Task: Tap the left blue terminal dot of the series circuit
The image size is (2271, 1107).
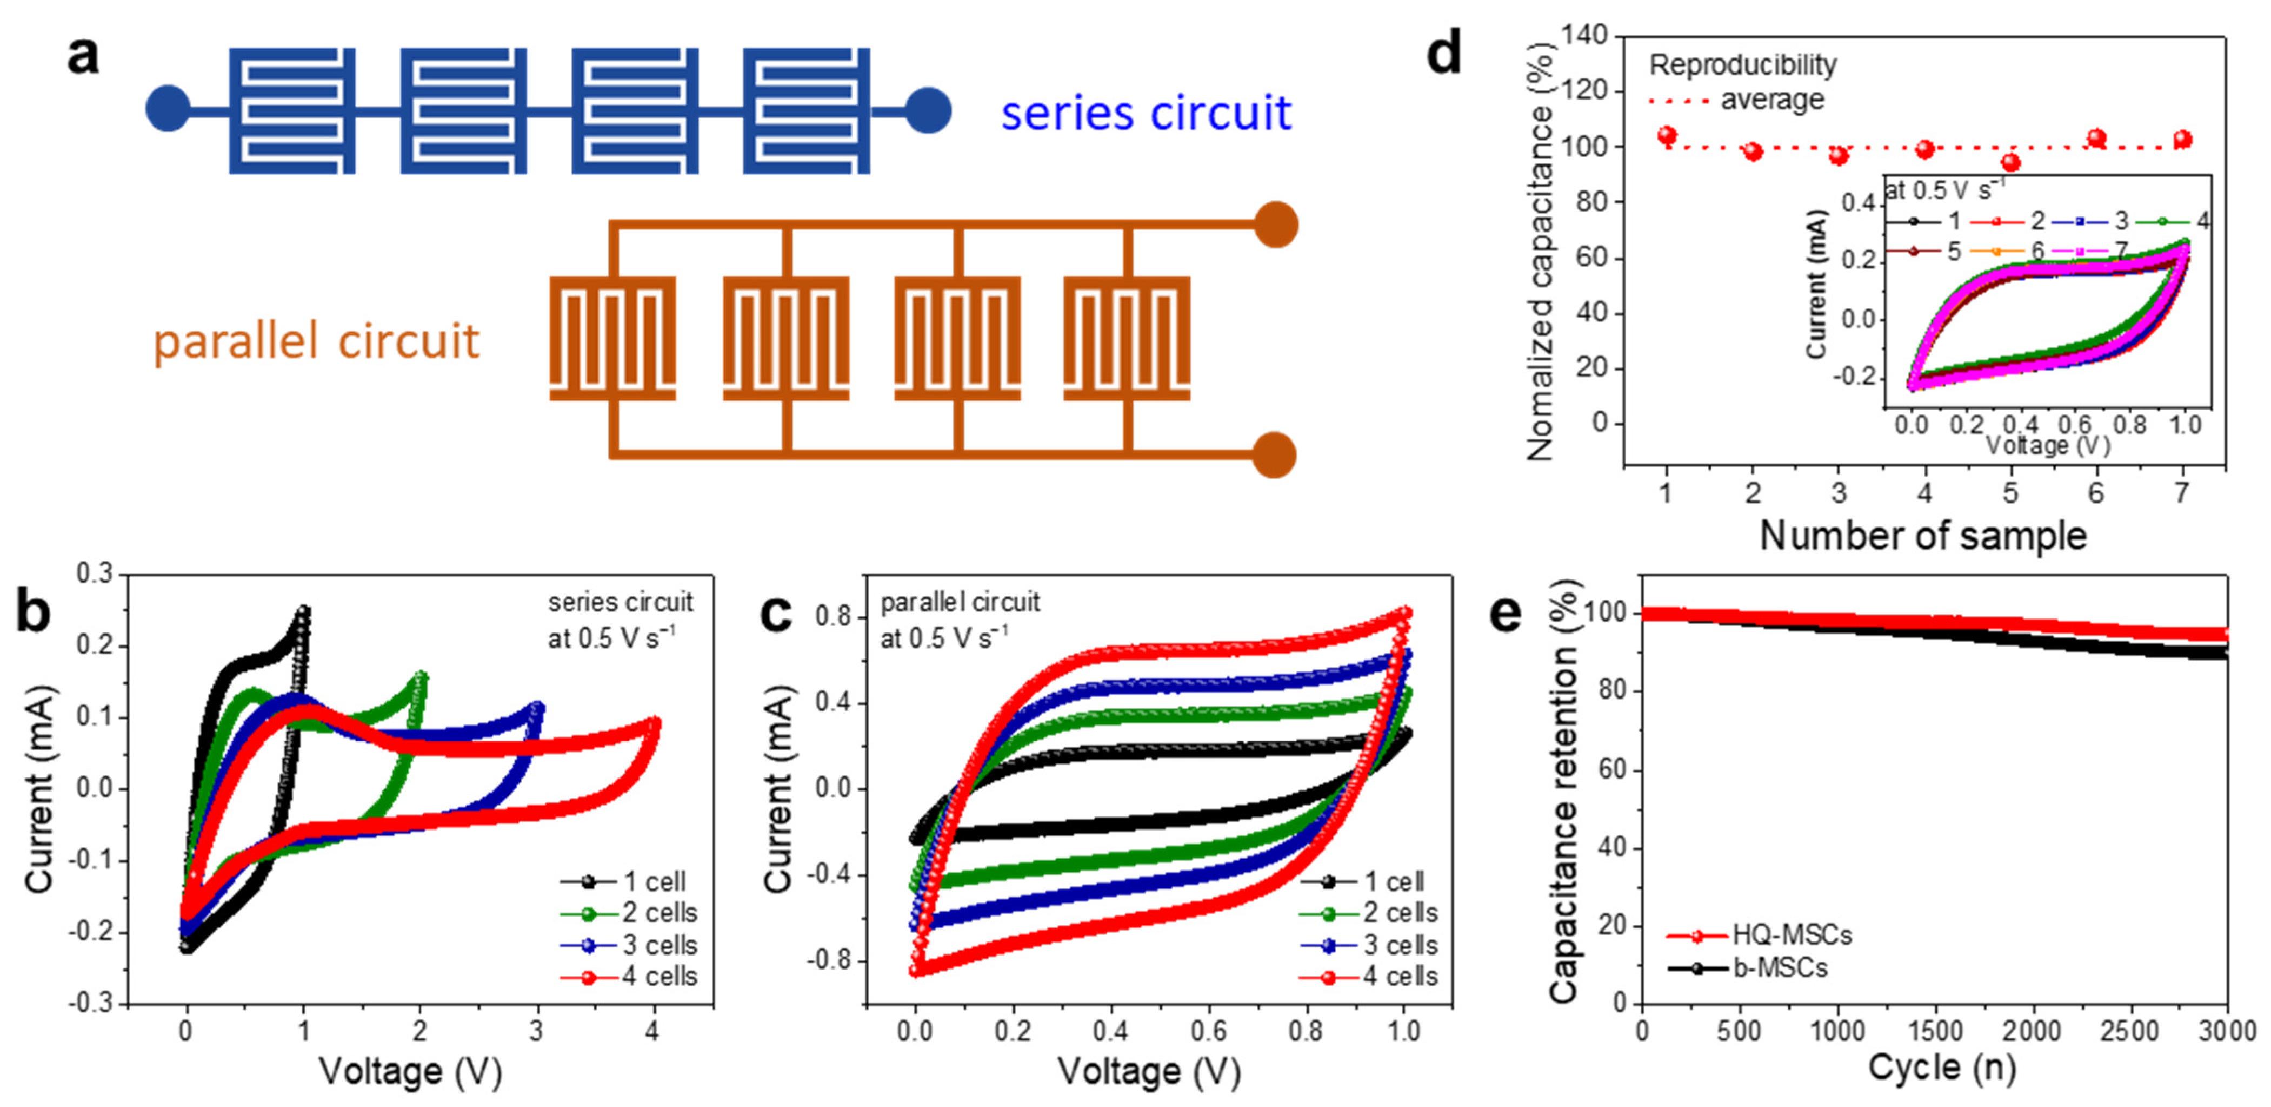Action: pos(168,109)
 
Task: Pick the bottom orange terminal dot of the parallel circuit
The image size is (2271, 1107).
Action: pos(1275,454)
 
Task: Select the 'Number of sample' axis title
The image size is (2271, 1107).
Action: pos(1923,536)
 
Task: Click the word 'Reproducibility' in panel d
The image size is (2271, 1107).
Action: pos(1743,64)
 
